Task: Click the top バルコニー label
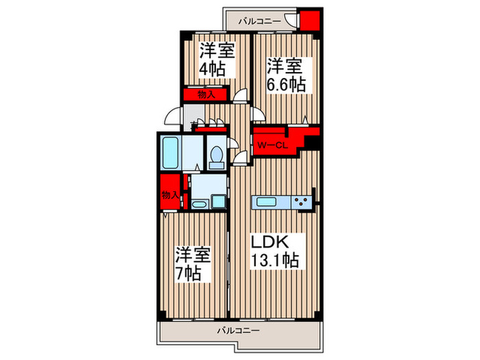coord(259,21)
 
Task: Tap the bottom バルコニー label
coord(239,331)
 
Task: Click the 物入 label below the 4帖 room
coord(205,95)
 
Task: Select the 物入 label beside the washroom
coord(169,195)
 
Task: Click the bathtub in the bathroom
coord(169,153)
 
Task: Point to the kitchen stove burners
coord(301,202)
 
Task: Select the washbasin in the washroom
coord(200,204)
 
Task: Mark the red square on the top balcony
coord(311,21)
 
